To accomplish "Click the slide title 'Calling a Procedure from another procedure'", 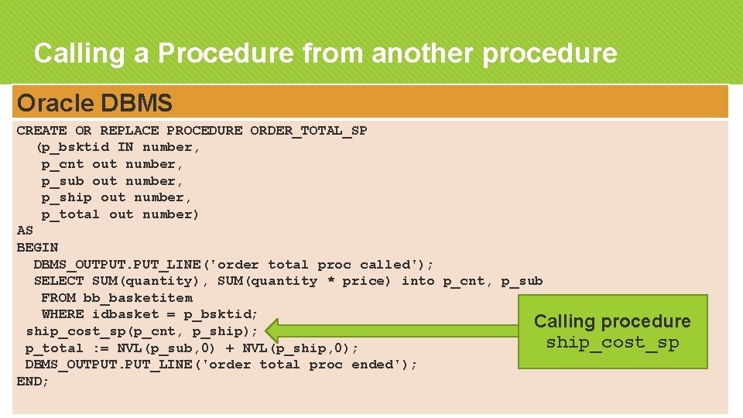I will [x=325, y=53].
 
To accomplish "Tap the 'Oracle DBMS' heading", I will [x=94, y=102].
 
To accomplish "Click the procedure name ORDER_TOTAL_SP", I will [x=308, y=130].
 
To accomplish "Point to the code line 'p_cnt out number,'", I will [x=112, y=164].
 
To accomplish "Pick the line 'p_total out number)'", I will [x=120, y=214].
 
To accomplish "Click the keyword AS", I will [x=25, y=231].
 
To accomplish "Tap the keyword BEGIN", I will [x=37, y=248].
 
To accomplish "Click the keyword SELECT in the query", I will [x=59, y=281].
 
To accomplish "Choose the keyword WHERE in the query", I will [x=63, y=314].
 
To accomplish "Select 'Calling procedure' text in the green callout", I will [x=612, y=321].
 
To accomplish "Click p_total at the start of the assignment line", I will [x=54, y=348].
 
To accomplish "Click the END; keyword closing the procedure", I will [x=33, y=382].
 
